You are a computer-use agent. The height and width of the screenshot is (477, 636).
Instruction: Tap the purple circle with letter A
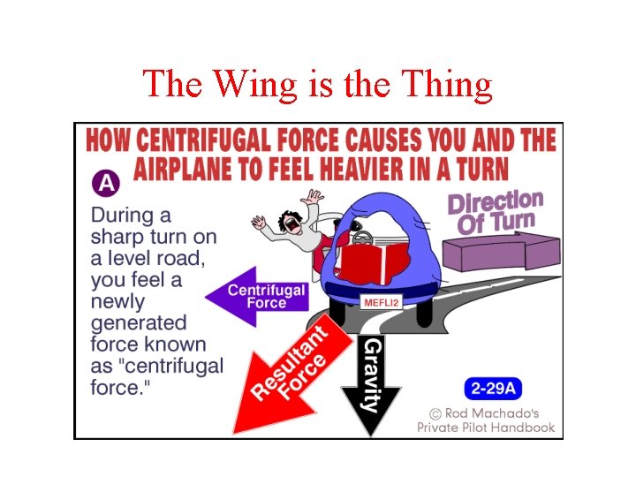pyautogui.click(x=105, y=184)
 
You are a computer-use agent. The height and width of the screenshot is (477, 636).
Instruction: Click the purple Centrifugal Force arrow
pyautogui.click(x=255, y=297)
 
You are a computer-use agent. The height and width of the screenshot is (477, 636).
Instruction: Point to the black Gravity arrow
pyautogui.click(x=372, y=380)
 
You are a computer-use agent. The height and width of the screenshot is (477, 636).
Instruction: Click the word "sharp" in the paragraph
pyautogui.click(x=119, y=237)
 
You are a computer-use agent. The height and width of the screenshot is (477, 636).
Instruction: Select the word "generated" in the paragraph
pyautogui.click(x=138, y=322)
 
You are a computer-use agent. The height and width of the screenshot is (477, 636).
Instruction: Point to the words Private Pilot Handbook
pyautogui.click(x=486, y=428)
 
